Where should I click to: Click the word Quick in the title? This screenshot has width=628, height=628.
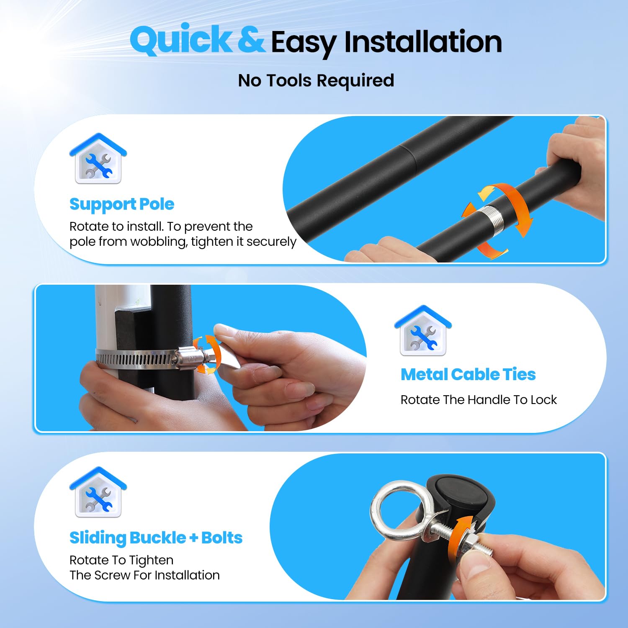pyautogui.click(x=181, y=40)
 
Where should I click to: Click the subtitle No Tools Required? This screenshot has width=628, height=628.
pyautogui.click(x=316, y=80)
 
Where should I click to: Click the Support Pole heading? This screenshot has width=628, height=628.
pyautogui.click(x=122, y=204)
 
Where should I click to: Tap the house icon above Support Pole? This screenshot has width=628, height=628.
pyautogui.click(x=98, y=158)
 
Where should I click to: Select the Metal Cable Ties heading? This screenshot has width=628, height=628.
pyautogui.click(x=468, y=374)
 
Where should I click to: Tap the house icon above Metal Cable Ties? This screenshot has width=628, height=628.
pyautogui.click(x=423, y=331)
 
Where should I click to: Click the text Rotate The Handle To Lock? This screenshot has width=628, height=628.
pyautogui.click(x=479, y=400)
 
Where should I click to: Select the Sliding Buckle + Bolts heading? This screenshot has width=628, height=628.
pyautogui.click(x=156, y=538)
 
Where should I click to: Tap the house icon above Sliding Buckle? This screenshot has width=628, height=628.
pyautogui.click(x=98, y=492)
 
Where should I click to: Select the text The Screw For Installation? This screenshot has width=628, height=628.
pyautogui.click(x=145, y=575)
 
